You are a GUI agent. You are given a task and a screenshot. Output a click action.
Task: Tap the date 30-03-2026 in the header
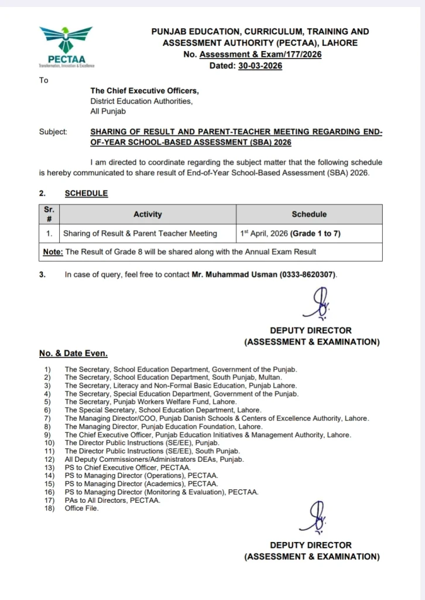(x=260, y=66)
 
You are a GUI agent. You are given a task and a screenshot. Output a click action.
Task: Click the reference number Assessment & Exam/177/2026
(x=261, y=54)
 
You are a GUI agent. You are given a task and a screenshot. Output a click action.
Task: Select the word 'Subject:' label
(x=53, y=132)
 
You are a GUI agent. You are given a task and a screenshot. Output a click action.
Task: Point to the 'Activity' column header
(x=148, y=214)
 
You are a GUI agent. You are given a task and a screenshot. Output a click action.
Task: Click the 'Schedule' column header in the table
(x=309, y=214)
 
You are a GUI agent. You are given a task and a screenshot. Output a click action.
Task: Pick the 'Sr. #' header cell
(x=49, y=214)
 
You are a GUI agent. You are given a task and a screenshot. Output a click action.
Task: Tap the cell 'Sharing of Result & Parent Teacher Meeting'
(x=140, y=233)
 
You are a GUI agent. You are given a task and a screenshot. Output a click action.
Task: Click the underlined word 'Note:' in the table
(x=53, y=252)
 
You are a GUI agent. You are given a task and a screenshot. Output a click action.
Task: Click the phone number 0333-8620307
(x=308, y=274)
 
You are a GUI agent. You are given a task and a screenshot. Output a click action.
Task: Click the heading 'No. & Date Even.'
(x=73, y=353)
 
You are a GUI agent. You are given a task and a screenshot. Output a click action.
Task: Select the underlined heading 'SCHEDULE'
(x=86, y=193)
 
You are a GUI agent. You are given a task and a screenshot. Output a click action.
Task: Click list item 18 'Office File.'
(x=82, y=509)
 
